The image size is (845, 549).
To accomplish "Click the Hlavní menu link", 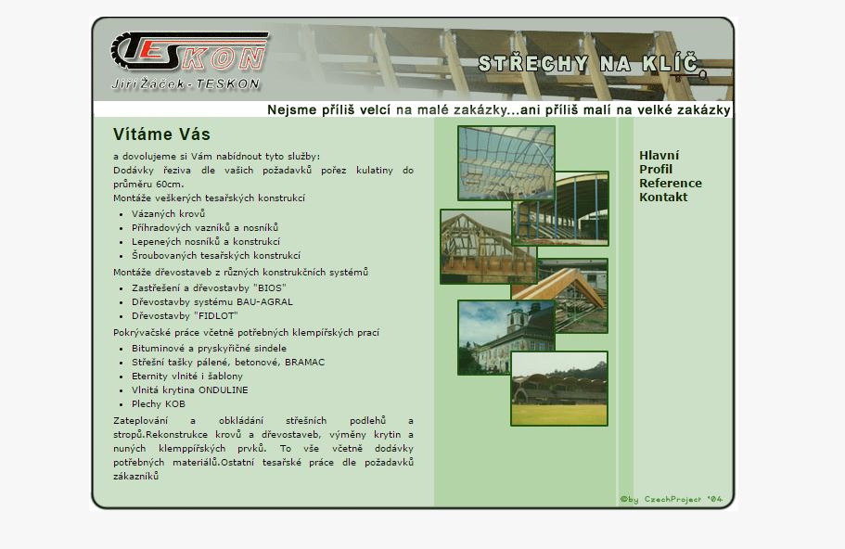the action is click(x=659, y=156).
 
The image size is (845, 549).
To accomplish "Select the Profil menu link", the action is click(x=656, y=170).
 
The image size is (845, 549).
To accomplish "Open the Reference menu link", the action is click(x=671, y=184).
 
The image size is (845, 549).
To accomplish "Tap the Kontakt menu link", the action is click(x=663, y=198).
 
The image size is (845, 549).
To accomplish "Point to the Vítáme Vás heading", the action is click(x=161, y=134).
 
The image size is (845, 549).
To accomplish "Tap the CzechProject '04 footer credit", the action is click(x=671, y=500).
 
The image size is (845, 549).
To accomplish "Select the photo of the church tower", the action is click(x=506, y=338).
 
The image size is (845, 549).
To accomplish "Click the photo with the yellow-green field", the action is click(x=558, y=389).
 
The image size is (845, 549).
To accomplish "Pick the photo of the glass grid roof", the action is click(x=506, y=162).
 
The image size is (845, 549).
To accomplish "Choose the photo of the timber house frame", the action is click(x=488, y=247).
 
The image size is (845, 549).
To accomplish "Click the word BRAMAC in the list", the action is click(x=304, y=362).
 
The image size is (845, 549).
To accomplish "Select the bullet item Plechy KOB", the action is click(x=159, y=404).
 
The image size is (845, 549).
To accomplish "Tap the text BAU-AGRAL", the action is click(x=264, y=301).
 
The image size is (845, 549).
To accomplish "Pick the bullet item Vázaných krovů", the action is click(x=168, y=214).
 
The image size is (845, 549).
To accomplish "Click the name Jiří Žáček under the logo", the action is click(x=146, y=84).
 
